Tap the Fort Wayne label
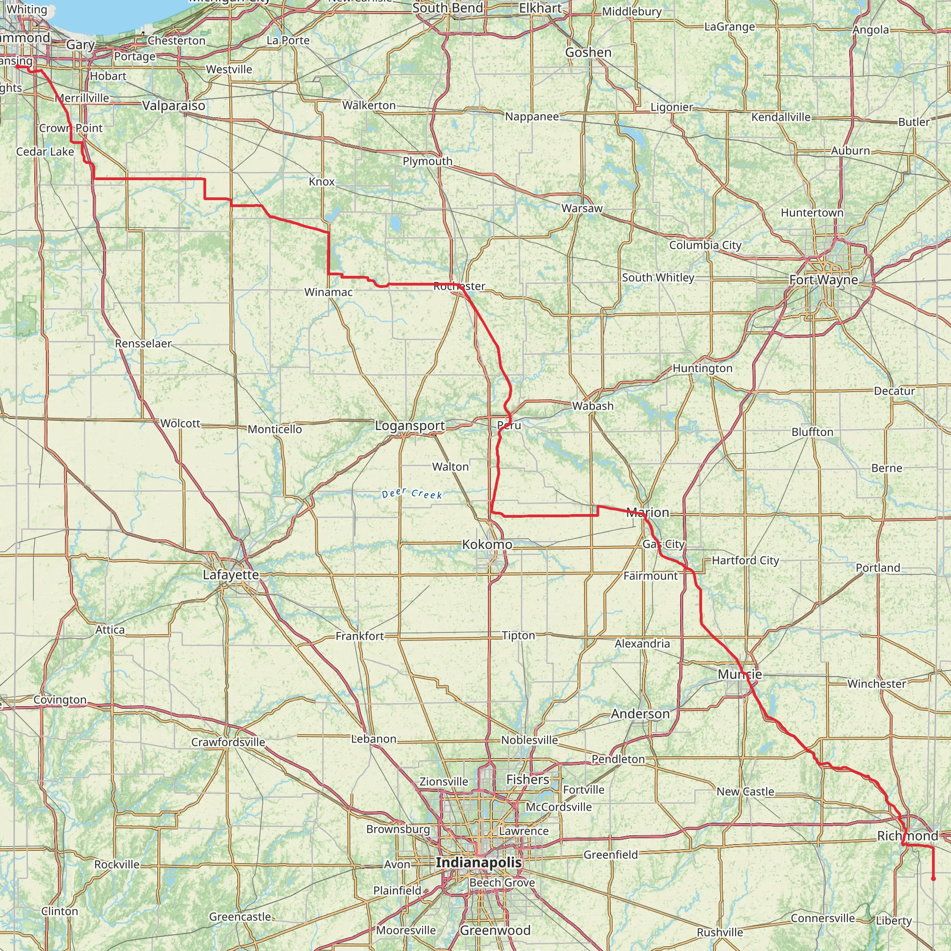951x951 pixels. pos(823,280)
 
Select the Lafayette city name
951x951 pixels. pos(231,574)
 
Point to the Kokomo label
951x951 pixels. pos(487,544)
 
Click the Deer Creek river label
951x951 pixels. pos(412,493)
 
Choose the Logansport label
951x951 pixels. pos(410,426)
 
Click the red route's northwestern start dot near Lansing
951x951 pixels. pos(17,67)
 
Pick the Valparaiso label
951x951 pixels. pos(174,105)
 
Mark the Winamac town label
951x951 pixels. pos(328,293)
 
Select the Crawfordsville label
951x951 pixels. pos(228,742)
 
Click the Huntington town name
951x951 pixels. pos(703,368)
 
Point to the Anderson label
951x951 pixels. pos(640,714)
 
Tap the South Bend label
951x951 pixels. pos(448,8)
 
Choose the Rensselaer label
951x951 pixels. pos(143,343)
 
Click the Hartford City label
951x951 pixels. pos(745,560)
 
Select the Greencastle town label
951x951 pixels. pos(240,917)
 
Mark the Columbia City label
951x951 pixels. pos(705,245)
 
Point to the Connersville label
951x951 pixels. pos(823,918)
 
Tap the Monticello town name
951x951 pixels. pos(275,429)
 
